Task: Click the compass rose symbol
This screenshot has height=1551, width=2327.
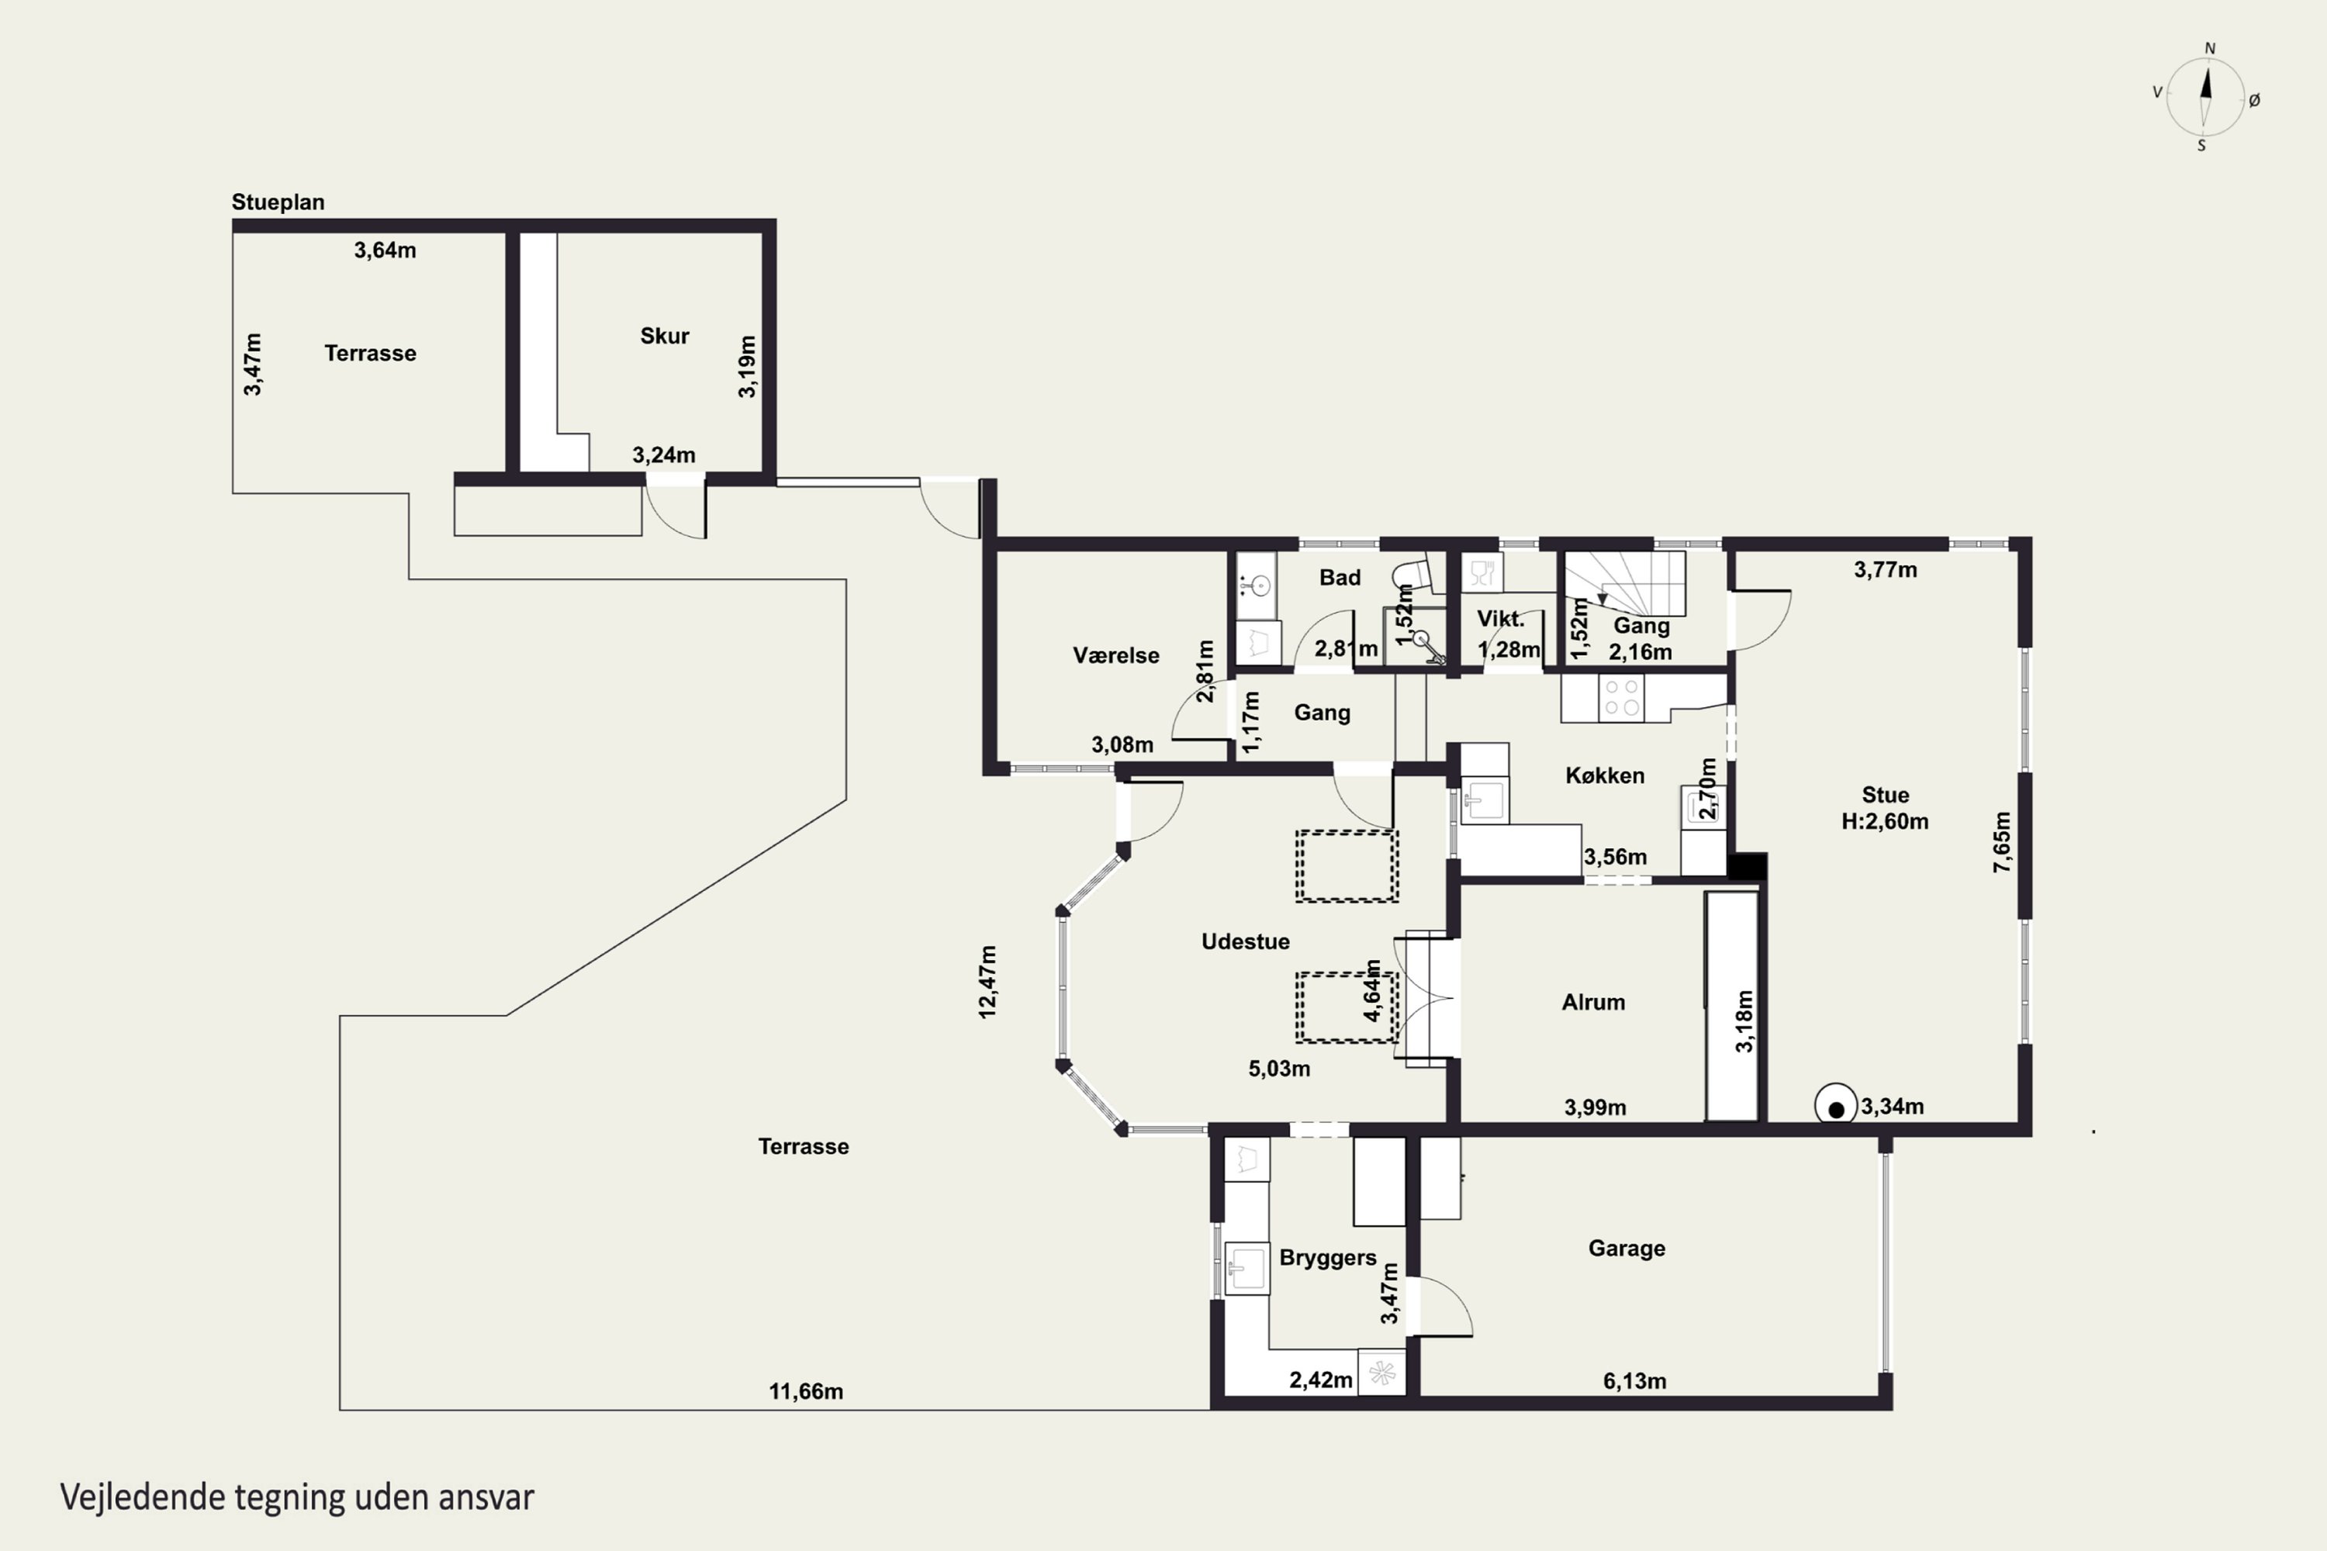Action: [2205, 97]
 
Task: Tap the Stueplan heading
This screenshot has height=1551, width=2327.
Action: [278, 202]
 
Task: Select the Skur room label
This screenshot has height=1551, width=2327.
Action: [664, 335]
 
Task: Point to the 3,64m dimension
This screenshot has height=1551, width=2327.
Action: [385, 250]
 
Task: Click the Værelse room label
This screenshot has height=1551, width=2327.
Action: [1116, 655]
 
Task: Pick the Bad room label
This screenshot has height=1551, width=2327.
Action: [1340, 578]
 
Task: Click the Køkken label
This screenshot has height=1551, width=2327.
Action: [1605, 775]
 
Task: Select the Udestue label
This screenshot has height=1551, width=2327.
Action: [1246, 941]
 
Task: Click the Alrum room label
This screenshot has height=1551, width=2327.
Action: [1593, 1002]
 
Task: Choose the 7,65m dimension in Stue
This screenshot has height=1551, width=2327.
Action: [2001, 841]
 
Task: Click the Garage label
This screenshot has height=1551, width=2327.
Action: [1627, 1249]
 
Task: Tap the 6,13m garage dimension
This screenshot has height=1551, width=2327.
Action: [1634, 1381]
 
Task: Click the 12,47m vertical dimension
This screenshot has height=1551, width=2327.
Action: [987, 981]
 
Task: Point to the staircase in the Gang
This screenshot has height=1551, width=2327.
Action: [1624, 585]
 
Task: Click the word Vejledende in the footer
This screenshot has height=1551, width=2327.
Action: [143, 1497]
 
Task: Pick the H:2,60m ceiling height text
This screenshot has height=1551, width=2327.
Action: [1885, 821]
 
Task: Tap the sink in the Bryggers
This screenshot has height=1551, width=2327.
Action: [1246, 1268]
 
